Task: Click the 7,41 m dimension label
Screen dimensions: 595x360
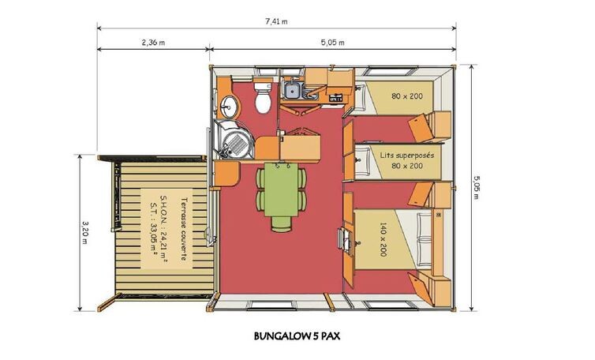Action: coord(276,21)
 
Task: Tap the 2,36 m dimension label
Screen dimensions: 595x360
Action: coord(153,43)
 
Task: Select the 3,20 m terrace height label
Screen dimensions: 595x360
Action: coord(84,233)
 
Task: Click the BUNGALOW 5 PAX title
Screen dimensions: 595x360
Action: coord(297,336)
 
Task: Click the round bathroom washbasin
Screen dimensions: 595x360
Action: coord(228,107)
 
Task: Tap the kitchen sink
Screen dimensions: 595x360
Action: coord(292,90)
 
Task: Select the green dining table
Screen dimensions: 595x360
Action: coord(281,189)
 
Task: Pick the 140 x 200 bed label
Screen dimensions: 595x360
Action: coord(383,239)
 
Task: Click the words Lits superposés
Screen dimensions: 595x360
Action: coord(406,156)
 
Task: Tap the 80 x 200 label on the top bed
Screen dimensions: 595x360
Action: coord(407,96)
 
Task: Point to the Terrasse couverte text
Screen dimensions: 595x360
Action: coord(184,229)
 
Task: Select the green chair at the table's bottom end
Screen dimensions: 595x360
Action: coord(282,223)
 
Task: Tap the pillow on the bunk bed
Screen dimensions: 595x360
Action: coord(363,160)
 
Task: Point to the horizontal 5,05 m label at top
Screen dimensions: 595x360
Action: coord(332,43)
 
